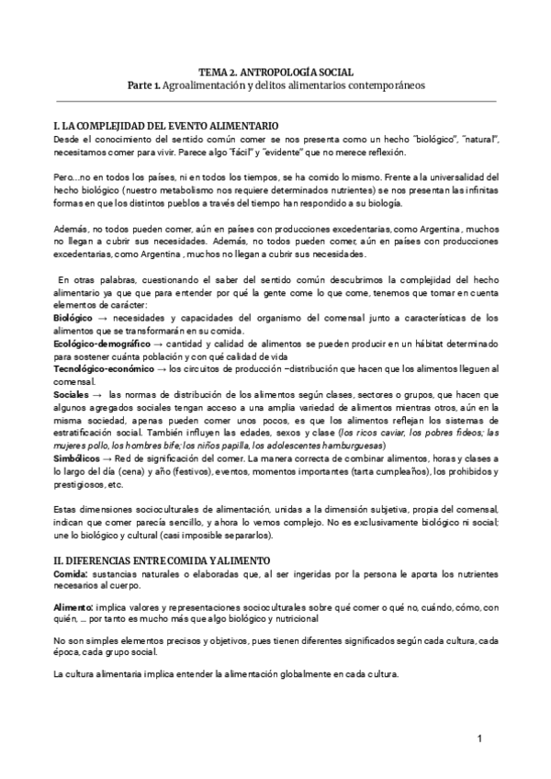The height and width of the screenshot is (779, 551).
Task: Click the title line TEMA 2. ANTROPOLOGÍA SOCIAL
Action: [275, 71]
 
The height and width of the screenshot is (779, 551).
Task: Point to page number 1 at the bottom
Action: [479, 739]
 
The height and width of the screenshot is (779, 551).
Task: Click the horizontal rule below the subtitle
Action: [275, 100]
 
